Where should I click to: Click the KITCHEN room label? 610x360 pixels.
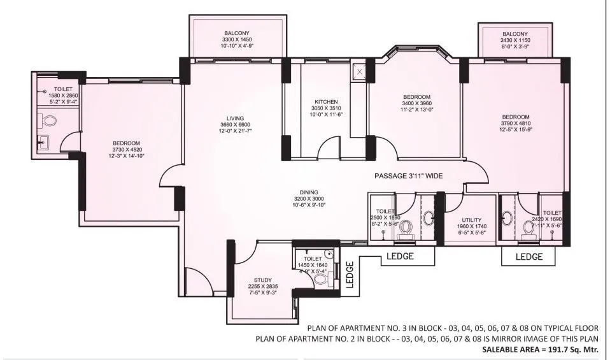coord(325,101)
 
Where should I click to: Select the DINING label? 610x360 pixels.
coord(309,191)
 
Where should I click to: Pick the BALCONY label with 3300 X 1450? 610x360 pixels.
coord(237,32)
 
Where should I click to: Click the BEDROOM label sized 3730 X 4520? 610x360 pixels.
coord(127,143)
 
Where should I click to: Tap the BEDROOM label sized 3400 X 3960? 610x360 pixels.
coord(416,96)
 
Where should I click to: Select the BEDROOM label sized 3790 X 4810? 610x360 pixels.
coord(515,117)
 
